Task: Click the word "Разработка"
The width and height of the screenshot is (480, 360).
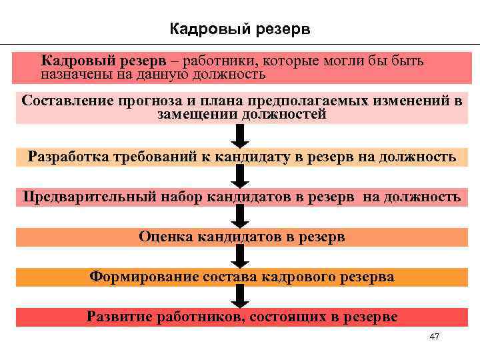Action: pos(66,157)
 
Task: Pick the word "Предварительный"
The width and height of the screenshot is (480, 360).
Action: pos(91,197)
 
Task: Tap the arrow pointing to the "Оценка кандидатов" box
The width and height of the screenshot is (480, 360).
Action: pos(242,216)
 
